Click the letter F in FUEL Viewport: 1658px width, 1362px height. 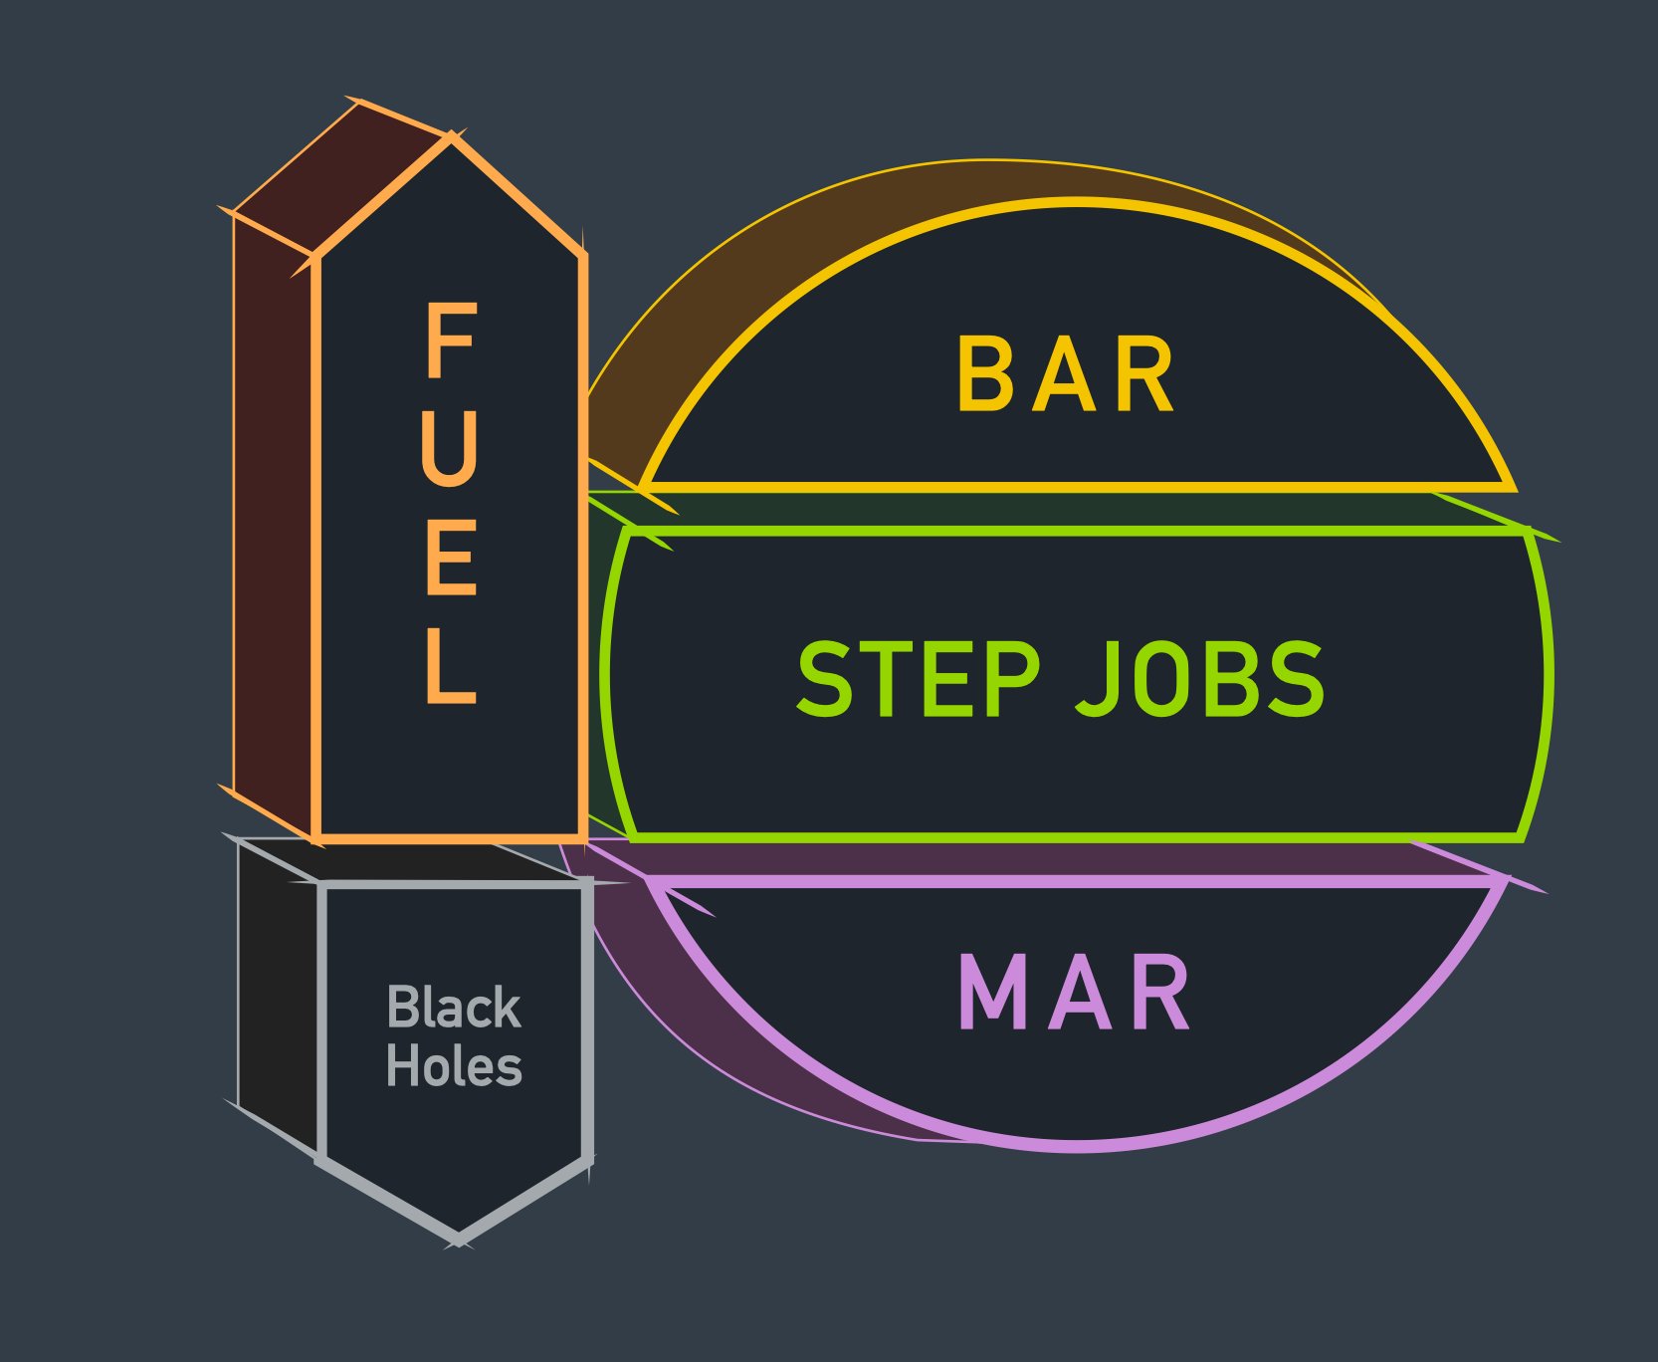(451, 341)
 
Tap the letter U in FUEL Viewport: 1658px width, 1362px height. (451, 449)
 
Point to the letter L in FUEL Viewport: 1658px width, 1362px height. (451, 666)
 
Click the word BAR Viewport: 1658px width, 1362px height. (1065, 374)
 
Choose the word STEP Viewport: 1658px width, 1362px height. (918, 679)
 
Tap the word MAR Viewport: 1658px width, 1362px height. (1074, 993)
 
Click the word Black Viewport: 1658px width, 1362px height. (454, 1008)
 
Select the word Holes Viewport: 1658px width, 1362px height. (454, 1067)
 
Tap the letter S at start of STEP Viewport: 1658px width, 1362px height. (825, 679)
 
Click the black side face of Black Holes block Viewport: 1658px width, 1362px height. (279, 996)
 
